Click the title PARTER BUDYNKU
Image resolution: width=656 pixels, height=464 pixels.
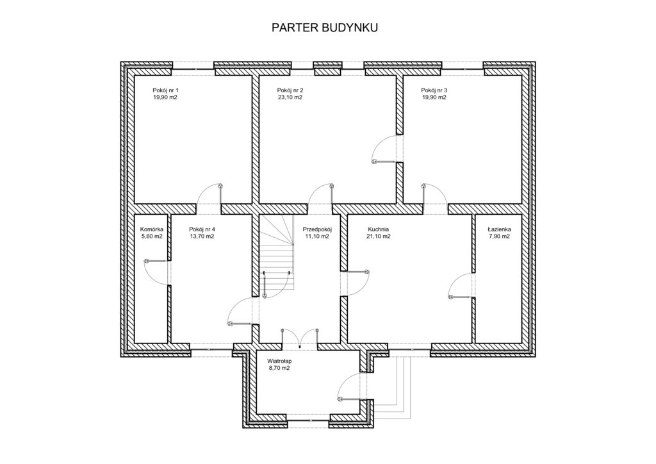pos(325,28)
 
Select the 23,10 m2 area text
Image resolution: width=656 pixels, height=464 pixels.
pos(290,97)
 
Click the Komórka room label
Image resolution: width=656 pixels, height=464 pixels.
pos(151,229)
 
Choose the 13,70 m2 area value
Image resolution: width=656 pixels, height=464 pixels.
pos(202,236)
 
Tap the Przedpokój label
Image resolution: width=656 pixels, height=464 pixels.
pos(317,229)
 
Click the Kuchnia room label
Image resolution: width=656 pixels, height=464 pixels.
pos(379,229)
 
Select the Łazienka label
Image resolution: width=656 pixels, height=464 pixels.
pos(499,229)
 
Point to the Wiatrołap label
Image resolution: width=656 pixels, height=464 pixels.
pos(279,361)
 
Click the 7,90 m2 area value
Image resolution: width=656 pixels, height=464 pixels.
pos(499,236)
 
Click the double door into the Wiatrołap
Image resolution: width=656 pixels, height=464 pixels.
pos(300,338)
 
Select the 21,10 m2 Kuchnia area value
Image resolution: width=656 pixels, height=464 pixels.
pos(379,236)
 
